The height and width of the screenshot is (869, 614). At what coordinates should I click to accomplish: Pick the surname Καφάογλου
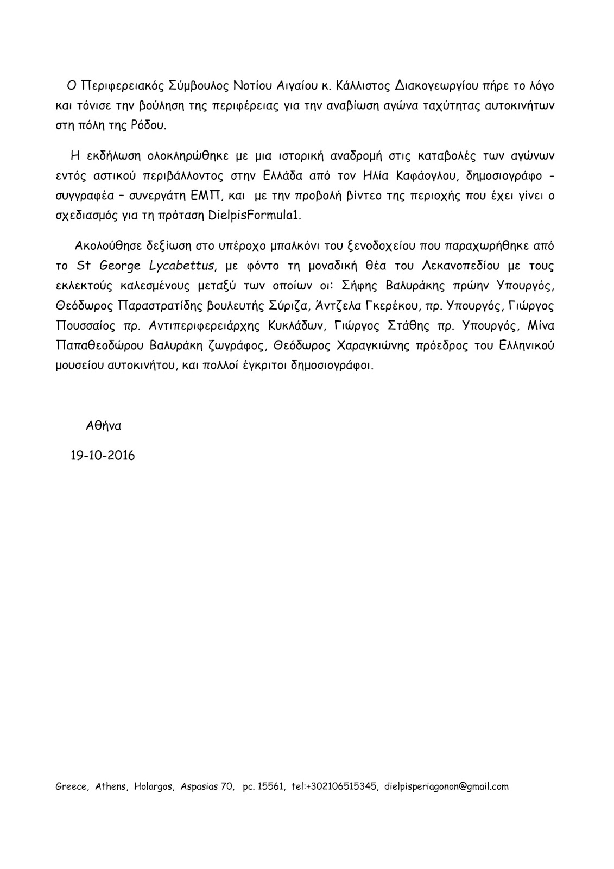[422, 176]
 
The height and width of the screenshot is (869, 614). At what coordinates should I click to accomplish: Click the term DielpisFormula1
[254, 215]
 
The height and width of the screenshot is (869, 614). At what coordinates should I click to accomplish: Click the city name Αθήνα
[103, 426]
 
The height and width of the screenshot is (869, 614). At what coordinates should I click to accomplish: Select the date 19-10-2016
[102, 455]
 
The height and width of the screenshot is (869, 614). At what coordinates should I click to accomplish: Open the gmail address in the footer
[446, 786]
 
